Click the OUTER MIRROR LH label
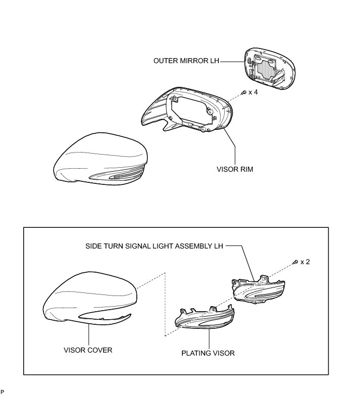(186, 61)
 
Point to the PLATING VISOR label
(208, 353)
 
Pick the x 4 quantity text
(253, 92)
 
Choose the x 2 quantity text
(305, 262)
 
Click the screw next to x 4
(243, 92)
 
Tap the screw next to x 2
(295, 262)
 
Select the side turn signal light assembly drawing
(257, 290)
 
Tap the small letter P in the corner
(3, 391)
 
